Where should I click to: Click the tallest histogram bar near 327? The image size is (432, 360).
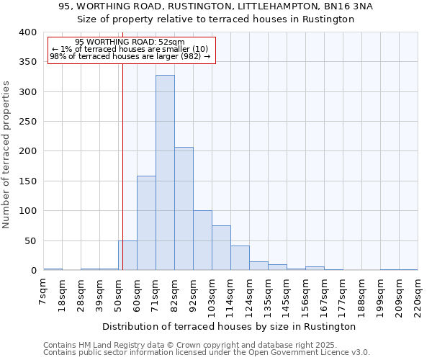click(x=165, y=173)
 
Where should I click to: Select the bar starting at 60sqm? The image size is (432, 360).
click(x=146, y=223)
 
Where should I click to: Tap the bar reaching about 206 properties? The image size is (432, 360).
click(x=184, y=209)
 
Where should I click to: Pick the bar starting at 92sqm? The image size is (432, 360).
click(x=202, y=240)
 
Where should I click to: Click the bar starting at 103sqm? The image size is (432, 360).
click(x=221, y=248)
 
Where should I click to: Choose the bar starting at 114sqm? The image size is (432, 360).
click(x=240, y=258)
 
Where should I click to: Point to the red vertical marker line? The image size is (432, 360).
click(x=122, y=158)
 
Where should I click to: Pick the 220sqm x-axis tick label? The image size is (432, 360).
click(x=418, y=294)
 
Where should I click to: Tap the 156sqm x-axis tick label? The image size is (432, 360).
click(x=305, y=294)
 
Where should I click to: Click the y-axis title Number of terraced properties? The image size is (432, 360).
click(x=6, y=154)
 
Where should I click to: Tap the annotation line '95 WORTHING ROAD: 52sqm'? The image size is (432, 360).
click(x=130, y=42)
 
